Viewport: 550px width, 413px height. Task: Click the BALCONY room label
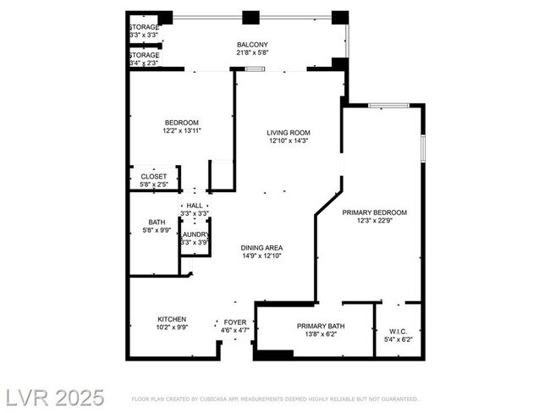tap(252, 45)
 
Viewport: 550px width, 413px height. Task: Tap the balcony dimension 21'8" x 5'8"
tap(252, 54)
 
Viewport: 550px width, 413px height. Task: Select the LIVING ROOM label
tap(289, 133)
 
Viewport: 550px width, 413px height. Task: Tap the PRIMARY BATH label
tap(316, 326)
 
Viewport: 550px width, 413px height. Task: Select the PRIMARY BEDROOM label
tap(374, 212)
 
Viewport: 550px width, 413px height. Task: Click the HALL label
tap(195, 206)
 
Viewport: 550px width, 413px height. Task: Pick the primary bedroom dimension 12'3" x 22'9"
tap(374, 222)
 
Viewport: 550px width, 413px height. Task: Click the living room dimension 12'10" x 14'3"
tap(289, 142)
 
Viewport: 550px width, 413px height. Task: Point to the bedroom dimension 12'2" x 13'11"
tap(182, 131)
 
